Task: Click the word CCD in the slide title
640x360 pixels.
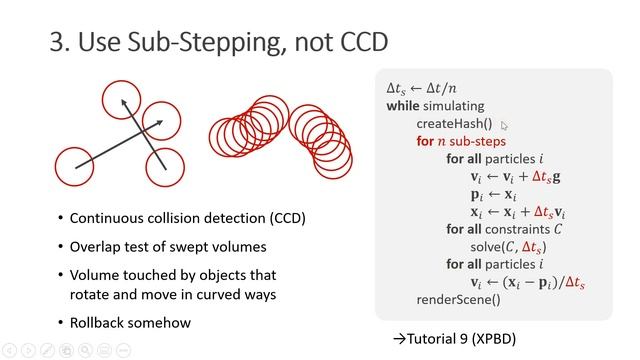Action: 358,43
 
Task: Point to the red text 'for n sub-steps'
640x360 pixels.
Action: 461,141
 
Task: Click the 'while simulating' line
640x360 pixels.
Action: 435,105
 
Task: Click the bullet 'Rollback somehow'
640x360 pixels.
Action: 130,322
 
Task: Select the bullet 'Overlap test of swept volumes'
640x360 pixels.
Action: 161,246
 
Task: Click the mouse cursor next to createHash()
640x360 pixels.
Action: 505,125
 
